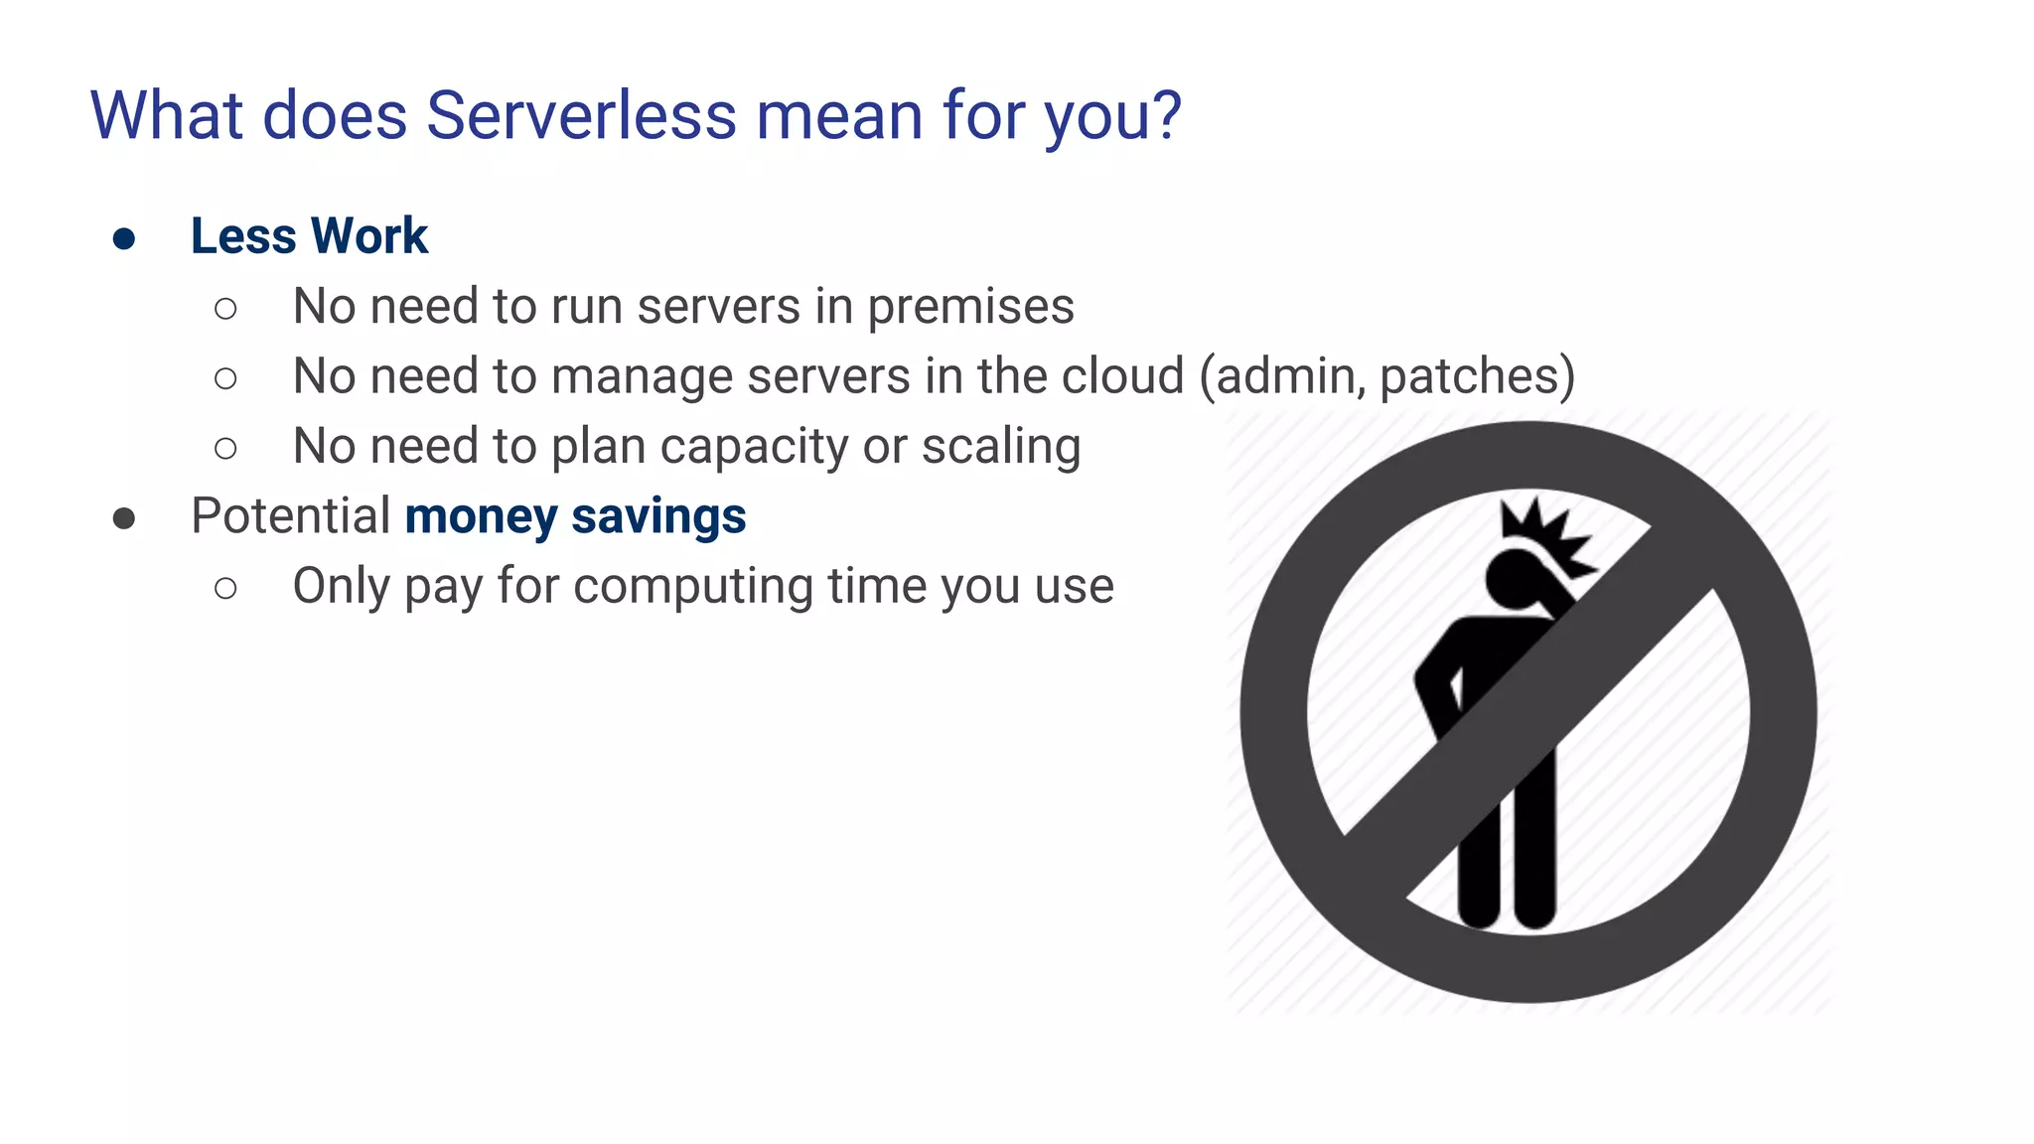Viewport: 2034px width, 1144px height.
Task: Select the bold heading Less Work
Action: (309, 236)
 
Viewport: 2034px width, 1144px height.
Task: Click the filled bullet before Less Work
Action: (124, 238)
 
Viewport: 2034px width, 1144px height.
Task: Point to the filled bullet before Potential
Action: (124, 518)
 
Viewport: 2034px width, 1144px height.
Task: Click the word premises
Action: (970, 307)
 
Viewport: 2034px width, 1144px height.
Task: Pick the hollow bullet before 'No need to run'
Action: (225, 309)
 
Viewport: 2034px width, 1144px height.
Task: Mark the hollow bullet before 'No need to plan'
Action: (225, 449)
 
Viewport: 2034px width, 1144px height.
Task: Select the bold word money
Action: (481, 516)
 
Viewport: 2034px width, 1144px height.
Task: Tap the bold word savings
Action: (658, 516)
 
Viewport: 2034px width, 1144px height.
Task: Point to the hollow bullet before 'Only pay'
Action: (225, 588)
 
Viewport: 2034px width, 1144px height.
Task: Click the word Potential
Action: (290, 516)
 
